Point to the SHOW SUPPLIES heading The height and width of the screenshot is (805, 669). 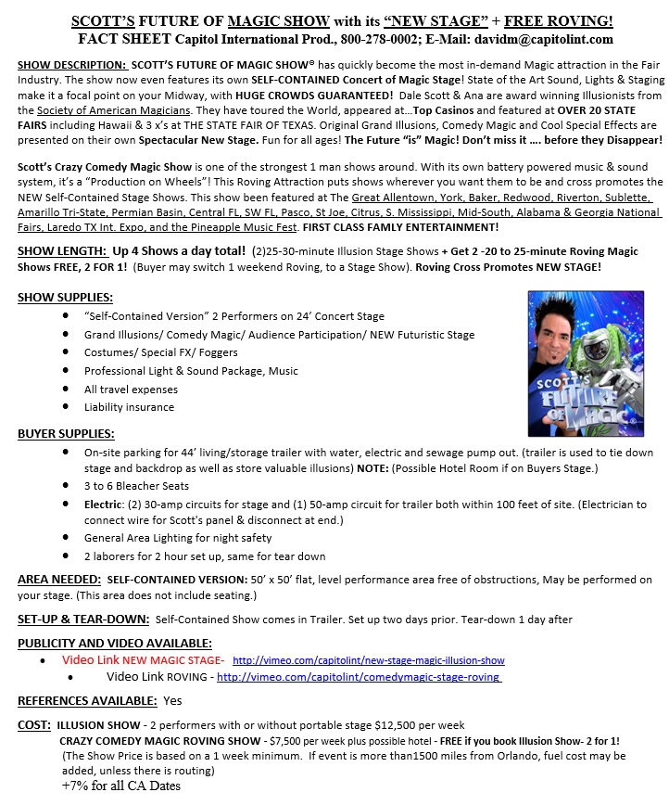[65, 297]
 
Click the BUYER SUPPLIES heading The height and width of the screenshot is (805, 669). [66, 433]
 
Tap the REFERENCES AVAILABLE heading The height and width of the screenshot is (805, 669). [87, 700]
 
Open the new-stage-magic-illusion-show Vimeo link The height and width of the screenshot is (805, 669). [368, 660]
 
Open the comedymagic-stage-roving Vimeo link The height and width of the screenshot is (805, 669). [360, 678]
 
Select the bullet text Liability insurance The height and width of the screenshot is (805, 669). [129, 407]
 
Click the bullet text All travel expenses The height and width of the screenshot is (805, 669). [130, 390]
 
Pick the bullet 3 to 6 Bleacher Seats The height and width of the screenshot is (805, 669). [136, 486]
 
